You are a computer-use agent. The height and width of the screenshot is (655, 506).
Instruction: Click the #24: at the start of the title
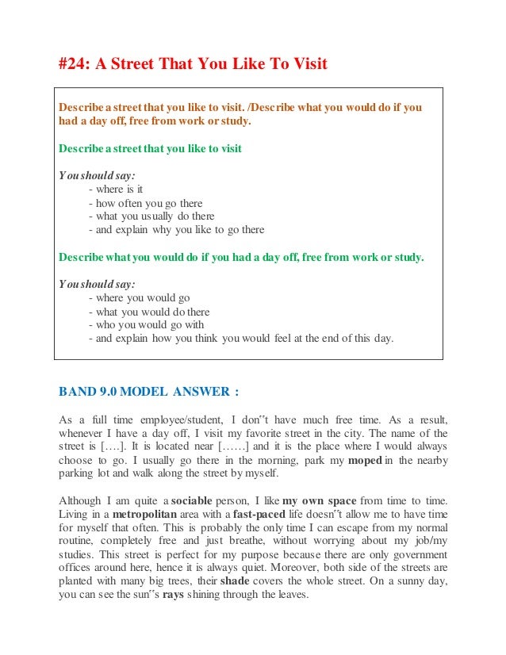[74, 64]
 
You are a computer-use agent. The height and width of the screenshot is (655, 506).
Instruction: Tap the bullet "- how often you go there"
[146, 202]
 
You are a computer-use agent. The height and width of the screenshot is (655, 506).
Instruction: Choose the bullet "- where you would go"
[140, 298]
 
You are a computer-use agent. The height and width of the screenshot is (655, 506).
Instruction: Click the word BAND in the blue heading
[78, 390]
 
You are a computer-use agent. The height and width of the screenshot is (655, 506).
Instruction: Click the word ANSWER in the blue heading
[200, 390]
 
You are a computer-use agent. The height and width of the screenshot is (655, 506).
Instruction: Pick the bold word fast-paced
[266, 514]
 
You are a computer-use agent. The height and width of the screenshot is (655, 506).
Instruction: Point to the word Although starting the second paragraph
[82, 500]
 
